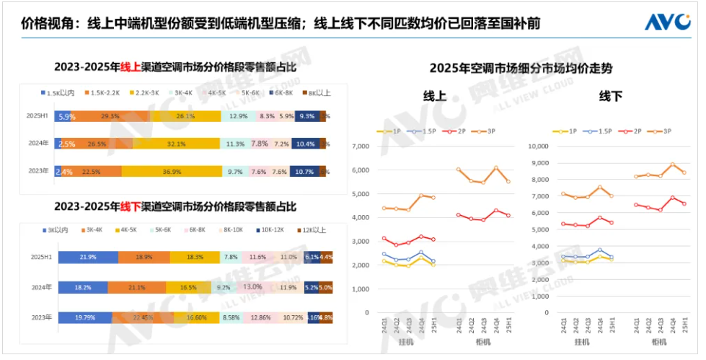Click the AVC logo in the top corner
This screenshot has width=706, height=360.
tap(669, 22)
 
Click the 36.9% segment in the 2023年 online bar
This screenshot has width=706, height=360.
tap(170, 172)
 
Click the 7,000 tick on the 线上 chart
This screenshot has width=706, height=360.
tap(360, 146)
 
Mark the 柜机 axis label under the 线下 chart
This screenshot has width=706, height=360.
tap(658, 341)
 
